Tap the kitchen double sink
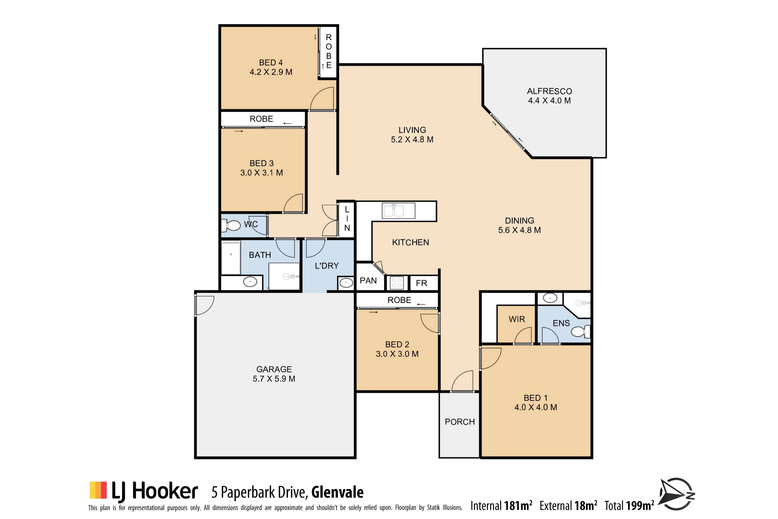(398, 211)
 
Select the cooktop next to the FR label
(397, 283)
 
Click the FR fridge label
(421, 283)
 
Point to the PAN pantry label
(368, 281)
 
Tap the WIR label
(517, 319)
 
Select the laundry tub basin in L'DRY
(346, 283)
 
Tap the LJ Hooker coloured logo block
(98, 490)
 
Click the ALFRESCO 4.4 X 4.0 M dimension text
(549, 101)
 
